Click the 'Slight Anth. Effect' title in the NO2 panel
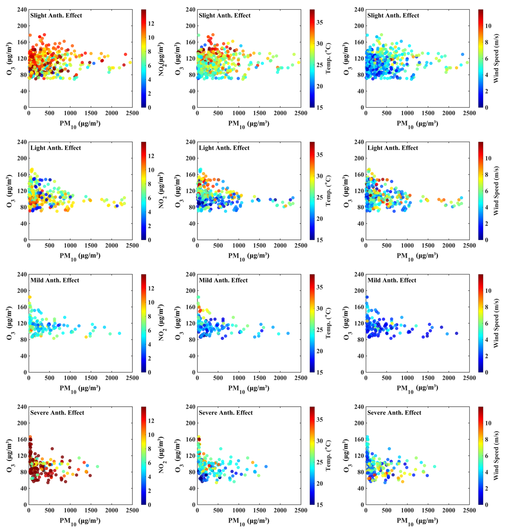click(56, 16)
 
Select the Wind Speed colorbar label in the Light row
click(496, 191)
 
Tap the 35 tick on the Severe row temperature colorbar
click(320, 420)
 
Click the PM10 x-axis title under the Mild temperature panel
click(249, 388)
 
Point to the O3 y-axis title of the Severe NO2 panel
click(10, 455)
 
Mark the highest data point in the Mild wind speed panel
click(367, 297)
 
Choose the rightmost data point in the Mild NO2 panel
click(119, 333)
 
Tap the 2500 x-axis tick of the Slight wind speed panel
click(469, 113)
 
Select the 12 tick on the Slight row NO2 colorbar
click(151, 24)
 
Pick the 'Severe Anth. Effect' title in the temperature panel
click(226, 413)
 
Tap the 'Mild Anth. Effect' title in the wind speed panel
click(392, 281)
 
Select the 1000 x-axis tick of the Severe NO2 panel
click(70, 510)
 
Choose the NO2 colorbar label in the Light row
click(161, 190)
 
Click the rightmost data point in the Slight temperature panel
click(299, 62)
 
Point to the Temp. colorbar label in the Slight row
click(329, 58)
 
